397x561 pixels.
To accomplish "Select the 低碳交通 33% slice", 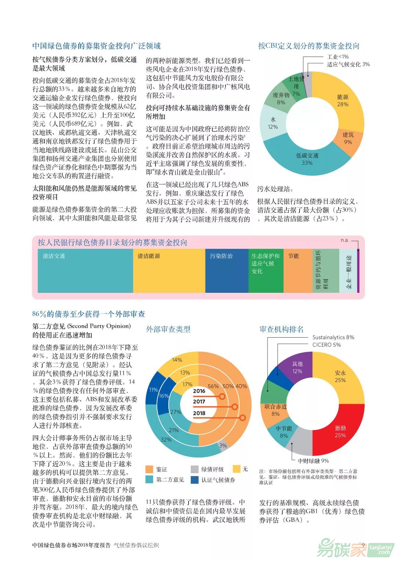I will coord(307,159).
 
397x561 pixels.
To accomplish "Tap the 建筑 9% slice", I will coord(348,138).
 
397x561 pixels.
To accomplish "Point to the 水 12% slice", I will coord(273,123).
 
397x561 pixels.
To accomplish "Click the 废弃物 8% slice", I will coord(281,98).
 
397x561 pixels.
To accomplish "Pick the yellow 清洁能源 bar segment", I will coord(169,271).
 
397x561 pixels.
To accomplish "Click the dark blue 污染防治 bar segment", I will coord(226,271).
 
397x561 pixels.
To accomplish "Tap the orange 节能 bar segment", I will coord(298,271).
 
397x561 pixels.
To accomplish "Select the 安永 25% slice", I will coord(340,376).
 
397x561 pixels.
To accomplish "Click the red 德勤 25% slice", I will coord(340,431).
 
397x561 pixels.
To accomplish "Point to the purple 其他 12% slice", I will coord(297,367).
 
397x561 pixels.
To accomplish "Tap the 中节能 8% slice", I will coord(284,432).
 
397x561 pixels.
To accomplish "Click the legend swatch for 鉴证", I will coord(149,469).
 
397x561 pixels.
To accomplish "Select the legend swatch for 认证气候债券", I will coord(195,480).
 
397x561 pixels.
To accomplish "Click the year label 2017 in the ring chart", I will coord(199,402).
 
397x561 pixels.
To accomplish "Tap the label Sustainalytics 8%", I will coord(333,337).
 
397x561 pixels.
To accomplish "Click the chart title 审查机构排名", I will coord(282,329).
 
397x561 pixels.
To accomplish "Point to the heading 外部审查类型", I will coord(168,329).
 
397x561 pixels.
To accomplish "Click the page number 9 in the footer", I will coord(363,545).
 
